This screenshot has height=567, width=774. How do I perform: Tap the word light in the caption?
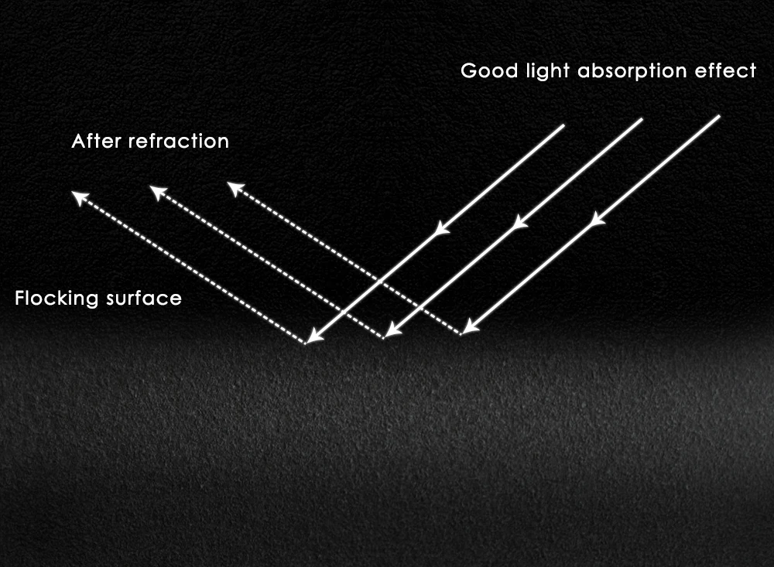(x=539, y=72)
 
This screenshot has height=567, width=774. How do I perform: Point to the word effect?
(x=729, y=71)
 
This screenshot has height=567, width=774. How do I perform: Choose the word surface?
(x=146, y=298)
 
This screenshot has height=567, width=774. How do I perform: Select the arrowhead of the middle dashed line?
(x=156, y=192)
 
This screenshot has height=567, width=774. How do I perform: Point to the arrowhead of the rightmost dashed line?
(x=235, y=188)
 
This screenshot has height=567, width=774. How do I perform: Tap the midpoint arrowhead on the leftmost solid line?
(x=442, y=228)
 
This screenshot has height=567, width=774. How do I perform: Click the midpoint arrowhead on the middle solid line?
(x=520, y=222)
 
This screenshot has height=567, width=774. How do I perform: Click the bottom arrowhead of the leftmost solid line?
(x=313, y=336)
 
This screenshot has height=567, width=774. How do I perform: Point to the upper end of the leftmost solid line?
(x=563, y=125)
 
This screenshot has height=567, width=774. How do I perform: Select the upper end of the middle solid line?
(x=642, y=119)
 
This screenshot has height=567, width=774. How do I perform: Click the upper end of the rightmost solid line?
(x=719, y=117)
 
